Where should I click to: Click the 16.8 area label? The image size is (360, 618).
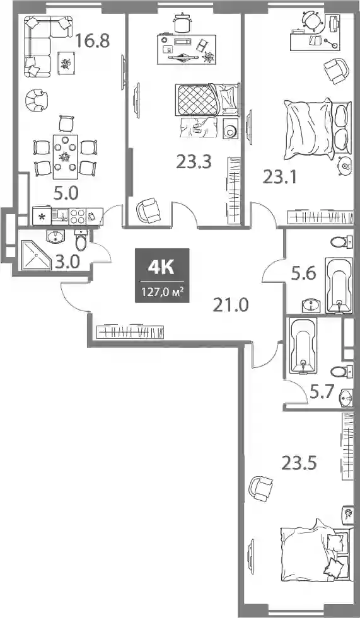(92, 40)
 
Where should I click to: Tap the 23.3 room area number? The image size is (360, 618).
(194, 161)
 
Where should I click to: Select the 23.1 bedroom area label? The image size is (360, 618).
(281, 178)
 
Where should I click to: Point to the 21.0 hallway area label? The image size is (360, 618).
(231, 305)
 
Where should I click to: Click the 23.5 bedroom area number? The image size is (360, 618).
(299, 464)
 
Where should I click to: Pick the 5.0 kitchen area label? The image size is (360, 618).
(66, 193)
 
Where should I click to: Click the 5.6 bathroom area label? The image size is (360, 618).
(303, 273)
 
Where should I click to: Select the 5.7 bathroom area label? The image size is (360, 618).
(322, 392)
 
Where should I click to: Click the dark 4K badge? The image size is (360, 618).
(162, 275)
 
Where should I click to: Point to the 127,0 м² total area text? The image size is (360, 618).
(162, 293)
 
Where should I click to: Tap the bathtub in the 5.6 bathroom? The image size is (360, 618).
(339, 285)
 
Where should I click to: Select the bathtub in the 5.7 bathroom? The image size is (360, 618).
(303, 346)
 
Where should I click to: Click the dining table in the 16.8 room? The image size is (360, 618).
(65, 156)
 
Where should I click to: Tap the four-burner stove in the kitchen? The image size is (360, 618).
(78, 216)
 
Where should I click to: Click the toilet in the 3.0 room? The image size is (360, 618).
(81, 240)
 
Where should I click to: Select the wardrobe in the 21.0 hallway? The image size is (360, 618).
(130, 331)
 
